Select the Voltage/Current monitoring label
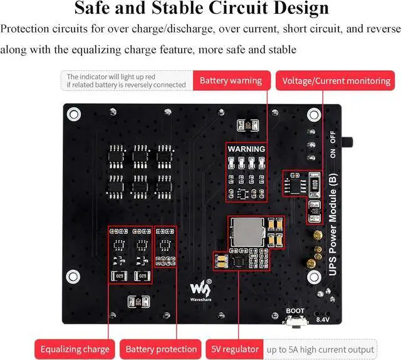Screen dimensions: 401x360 (x=336, y=81)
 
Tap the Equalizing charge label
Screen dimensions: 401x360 (x=75, y=349)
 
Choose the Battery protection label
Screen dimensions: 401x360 (x=161, y=349)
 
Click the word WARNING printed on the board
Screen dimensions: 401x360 (x=246, y=149)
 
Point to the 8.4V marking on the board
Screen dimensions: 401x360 (x=322, y=320)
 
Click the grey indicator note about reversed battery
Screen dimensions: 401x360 (x=127, y=81)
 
